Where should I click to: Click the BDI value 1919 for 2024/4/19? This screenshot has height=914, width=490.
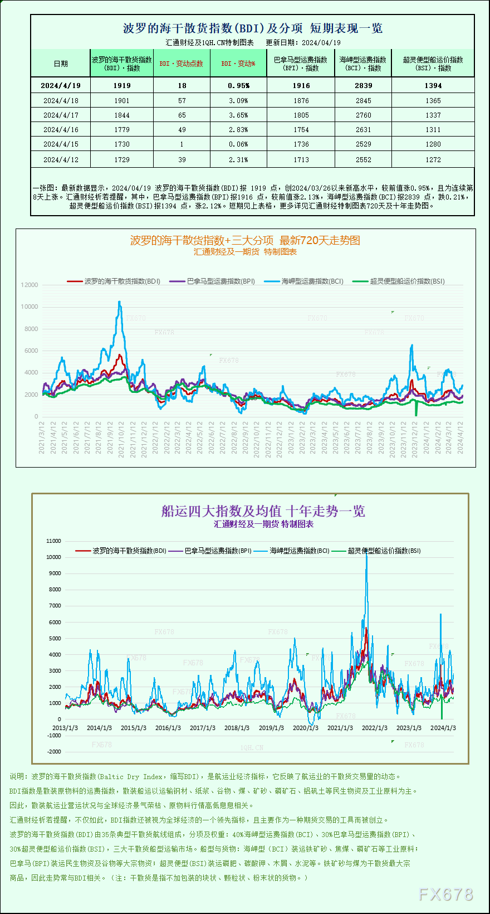(122, 85)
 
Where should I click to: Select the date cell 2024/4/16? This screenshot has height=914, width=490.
(61, 129)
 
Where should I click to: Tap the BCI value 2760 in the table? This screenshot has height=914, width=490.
(363, 115)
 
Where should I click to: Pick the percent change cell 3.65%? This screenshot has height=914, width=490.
(238, 115)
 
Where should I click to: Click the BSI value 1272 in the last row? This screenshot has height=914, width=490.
(433, 159)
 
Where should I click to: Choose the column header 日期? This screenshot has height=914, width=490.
(61, 64)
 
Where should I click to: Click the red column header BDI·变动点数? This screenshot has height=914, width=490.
(181, 64)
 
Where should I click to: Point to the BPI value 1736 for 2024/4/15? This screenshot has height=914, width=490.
(301, 144)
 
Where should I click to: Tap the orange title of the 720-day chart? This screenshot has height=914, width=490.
(245, 240)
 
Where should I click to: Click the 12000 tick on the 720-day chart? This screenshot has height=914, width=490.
(30, 285)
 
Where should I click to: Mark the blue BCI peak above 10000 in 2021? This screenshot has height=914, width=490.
(119, 303)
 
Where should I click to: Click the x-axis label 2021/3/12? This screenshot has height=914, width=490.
(42, 437)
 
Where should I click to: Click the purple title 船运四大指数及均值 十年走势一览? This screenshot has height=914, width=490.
(263, 511)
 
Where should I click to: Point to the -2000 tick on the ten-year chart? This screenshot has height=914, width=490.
(54, 751)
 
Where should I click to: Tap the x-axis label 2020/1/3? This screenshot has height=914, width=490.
(306, 728)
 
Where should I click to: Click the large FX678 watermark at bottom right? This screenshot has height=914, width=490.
(445, 894)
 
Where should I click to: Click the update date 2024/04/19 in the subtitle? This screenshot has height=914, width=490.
(321, 42)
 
